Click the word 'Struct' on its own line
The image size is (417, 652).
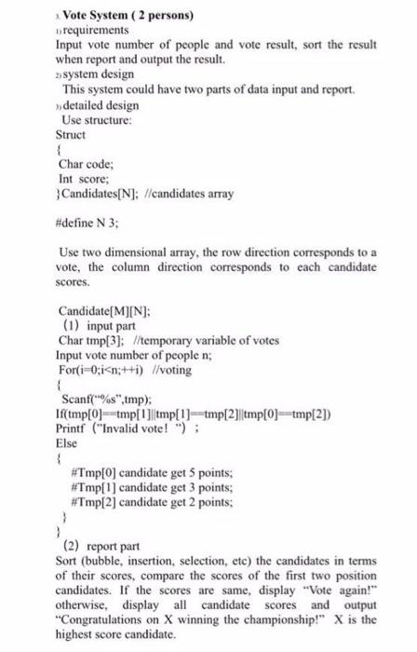(72, 135)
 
